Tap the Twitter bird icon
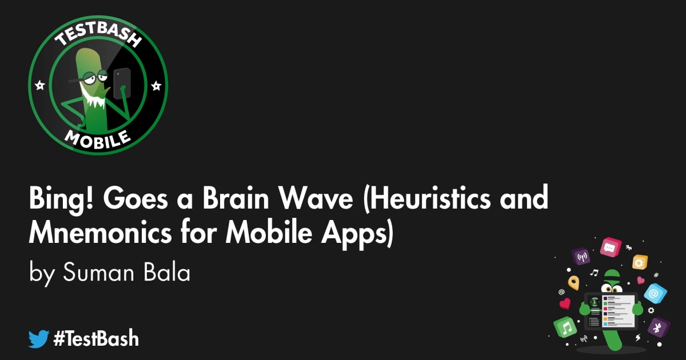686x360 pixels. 39,339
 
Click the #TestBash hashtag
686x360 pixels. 96,339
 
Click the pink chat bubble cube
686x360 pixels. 610,248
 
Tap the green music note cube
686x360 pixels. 567,327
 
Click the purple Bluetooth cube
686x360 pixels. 658,327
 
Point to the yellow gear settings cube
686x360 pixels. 639,262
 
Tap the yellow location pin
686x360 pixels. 573,282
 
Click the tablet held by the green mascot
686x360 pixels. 609,310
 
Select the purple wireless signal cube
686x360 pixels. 581,257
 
